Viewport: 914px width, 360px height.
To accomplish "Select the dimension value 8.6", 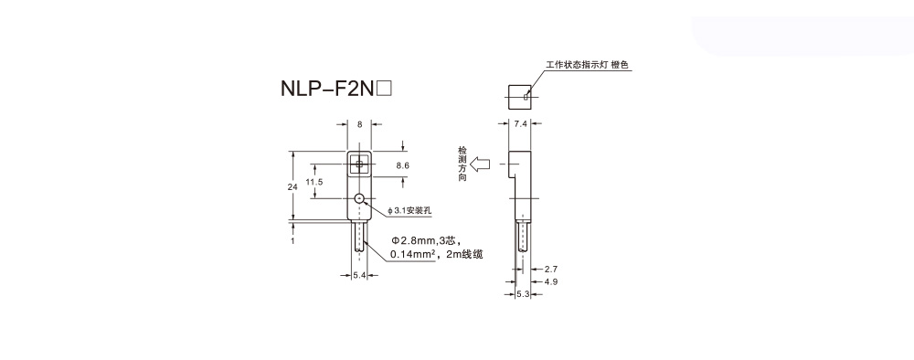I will [402, 165].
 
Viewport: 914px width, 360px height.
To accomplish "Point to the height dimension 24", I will [292, 185].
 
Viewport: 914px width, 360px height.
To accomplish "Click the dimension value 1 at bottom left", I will [292, 241].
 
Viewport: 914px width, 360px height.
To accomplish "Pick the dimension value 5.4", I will [359, 275].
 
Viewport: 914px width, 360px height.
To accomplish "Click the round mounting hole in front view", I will [360, 199].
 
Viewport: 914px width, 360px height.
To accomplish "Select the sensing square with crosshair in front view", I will [359, 164].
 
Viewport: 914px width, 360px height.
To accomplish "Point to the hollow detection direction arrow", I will [482, 165].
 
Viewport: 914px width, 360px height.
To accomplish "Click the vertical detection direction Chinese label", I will [462, 164].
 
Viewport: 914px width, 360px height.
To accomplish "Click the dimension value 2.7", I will [550, 270].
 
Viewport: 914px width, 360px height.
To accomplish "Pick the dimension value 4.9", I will [550, 282].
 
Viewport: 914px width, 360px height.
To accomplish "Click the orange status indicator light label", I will [588, 66].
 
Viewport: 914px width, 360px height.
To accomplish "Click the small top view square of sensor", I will [519, 92].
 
